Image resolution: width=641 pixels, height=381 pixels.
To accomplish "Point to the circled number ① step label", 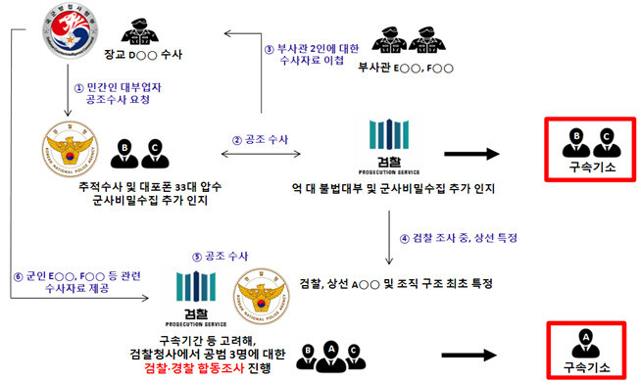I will [79, 88].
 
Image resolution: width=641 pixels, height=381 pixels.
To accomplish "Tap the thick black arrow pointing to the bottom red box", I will [475, 349].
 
